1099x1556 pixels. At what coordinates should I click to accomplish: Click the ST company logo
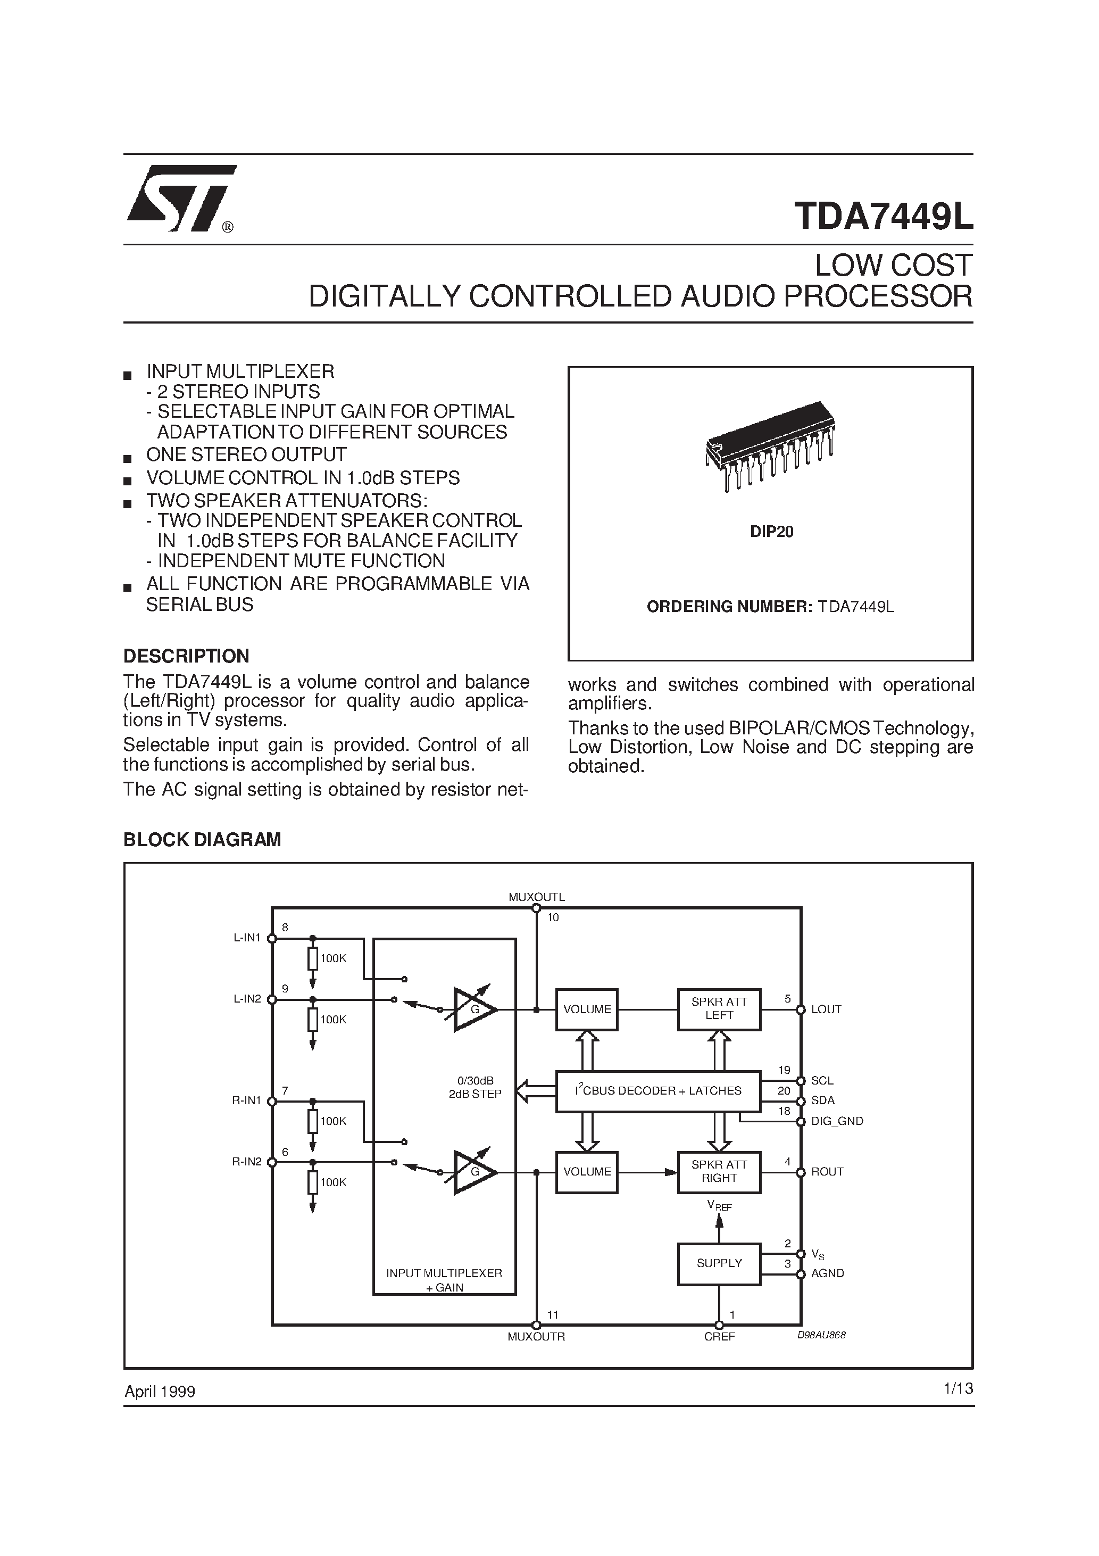pyautogui.click(x=181, y=198)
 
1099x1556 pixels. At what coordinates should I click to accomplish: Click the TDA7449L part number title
pyautogui.click(x=884, y=216)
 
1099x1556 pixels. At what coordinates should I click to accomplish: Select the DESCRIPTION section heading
pyautogui.click(x=186, y=656)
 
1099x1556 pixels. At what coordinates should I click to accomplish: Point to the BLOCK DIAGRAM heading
pyautogui.click(x=202, y=840)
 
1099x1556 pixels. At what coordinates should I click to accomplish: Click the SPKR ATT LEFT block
pyautogui.click(x=719, y=1009)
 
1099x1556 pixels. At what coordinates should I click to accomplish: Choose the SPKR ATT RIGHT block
pyautogui.click(x=719, y=1172)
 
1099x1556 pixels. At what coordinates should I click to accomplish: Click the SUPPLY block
pyautogui.click(x=719, y=1263)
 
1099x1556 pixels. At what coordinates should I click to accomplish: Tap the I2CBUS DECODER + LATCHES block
pyautogui.click(x=657, y=1091)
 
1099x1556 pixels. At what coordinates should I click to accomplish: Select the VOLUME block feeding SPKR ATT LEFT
pyautogui.click(x=587, y=1009)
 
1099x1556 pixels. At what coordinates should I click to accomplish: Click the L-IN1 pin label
pyautogui.click(x=247, y=938)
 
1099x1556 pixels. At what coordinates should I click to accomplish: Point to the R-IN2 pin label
pyautogui.click(x=247, y=1162)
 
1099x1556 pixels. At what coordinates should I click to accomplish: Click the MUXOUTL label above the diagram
pyautogui.click(x=537, y=897)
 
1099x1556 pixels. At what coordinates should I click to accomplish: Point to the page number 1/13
pyautogui.click(x=958, y=1388)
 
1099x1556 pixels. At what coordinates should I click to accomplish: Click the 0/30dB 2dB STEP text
pyautogui.click(x=475, y=1087)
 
